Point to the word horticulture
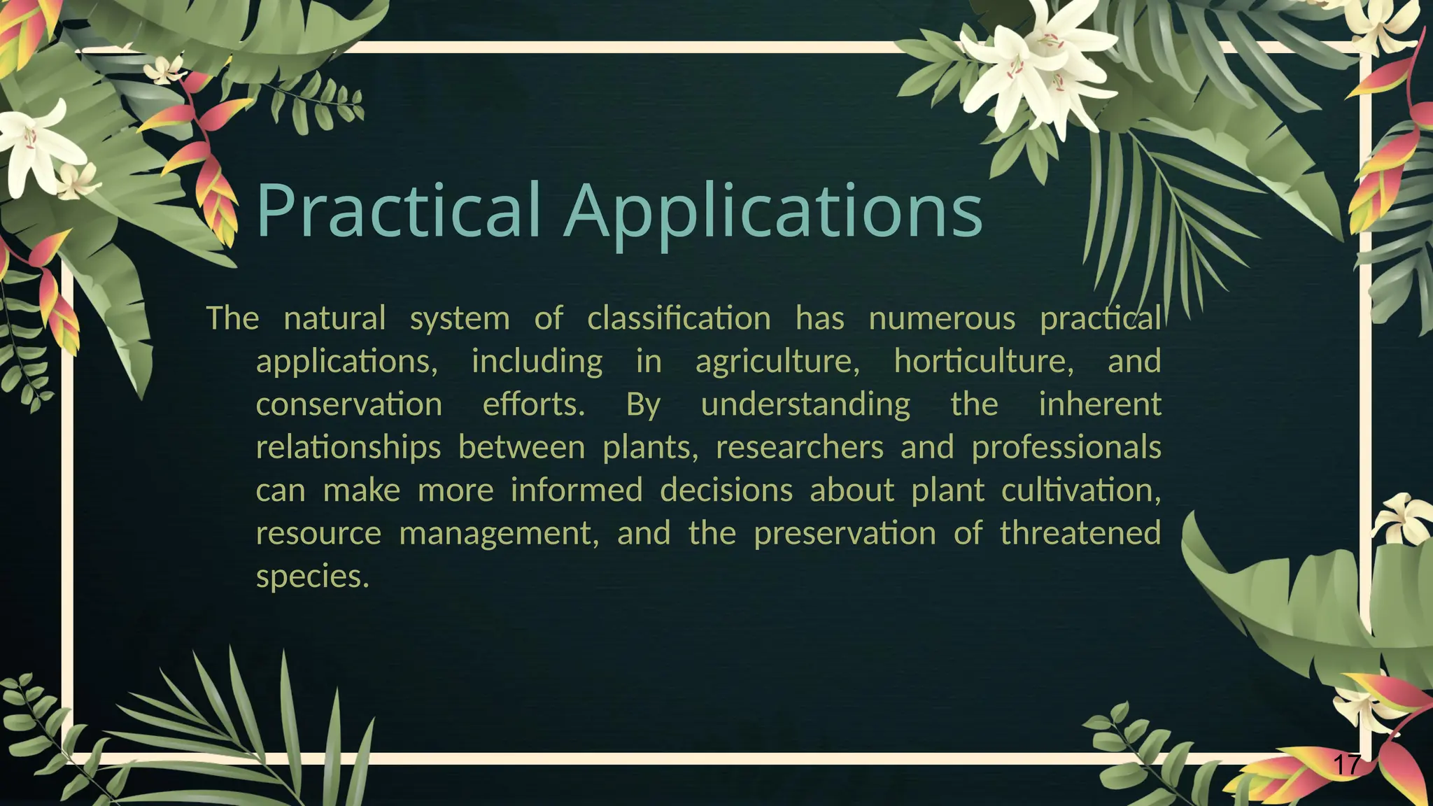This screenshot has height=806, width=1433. click(984, 361)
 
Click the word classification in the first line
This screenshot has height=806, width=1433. click(679, 318)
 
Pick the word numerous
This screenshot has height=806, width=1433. click(942, 319)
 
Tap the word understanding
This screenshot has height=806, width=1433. click(805, 405)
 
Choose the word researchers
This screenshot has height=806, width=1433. click(800, 447)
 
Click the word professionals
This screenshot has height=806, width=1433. click(1066, 448)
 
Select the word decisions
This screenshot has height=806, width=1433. click(726, 490)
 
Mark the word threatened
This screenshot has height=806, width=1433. click(1080, 533)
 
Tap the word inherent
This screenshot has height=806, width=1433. click(1100, 404)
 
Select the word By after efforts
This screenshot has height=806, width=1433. click(643, 405)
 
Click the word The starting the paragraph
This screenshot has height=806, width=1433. click(232, 318)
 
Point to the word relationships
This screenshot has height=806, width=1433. click(348, 448)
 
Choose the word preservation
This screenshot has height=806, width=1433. click(845, 533)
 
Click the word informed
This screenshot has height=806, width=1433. click(577, 490)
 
